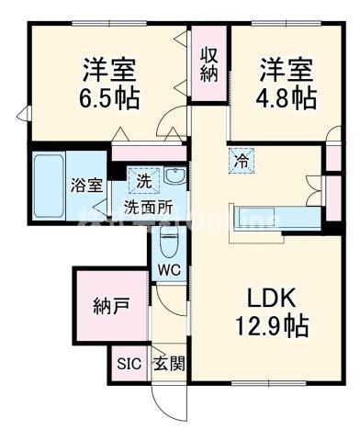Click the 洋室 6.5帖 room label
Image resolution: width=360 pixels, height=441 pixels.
point(109,84)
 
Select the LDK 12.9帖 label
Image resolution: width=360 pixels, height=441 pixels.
point(274,311)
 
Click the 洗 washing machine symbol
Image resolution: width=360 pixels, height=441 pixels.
point(144,180)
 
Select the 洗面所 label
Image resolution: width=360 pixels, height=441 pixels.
point(148,205)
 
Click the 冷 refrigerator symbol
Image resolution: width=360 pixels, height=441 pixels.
point(238,159)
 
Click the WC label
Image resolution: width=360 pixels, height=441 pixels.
point(169,270)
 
